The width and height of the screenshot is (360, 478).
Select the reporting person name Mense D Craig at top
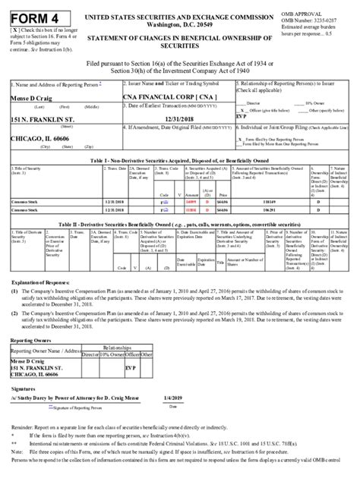pyautogui.click(x=31, y=99)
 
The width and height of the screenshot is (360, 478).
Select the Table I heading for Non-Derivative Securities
pyautogui.click(x=180, y=162)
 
